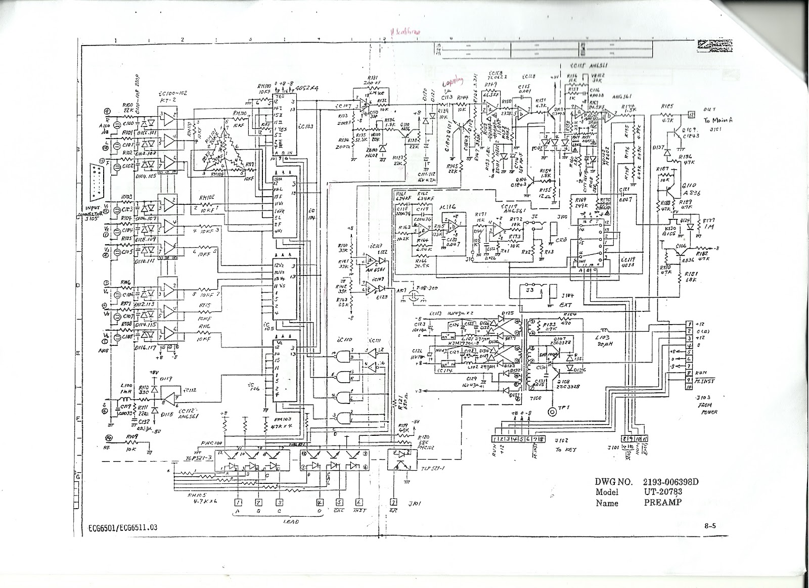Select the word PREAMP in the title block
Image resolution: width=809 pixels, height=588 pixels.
662,503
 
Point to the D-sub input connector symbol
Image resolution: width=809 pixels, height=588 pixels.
95,183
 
